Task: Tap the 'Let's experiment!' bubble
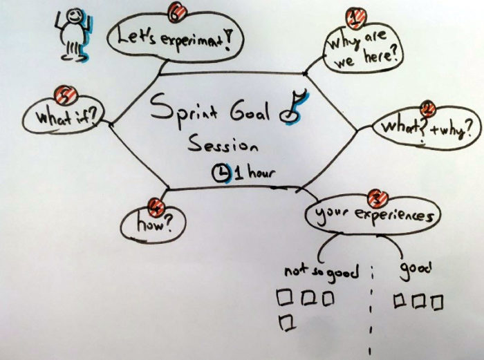(171, 36)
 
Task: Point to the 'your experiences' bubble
(372, 216)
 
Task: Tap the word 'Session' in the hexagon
(223, 146)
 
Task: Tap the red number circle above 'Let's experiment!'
(177, 10)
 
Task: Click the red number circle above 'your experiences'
(375, 196)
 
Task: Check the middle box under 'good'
(418, 301)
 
